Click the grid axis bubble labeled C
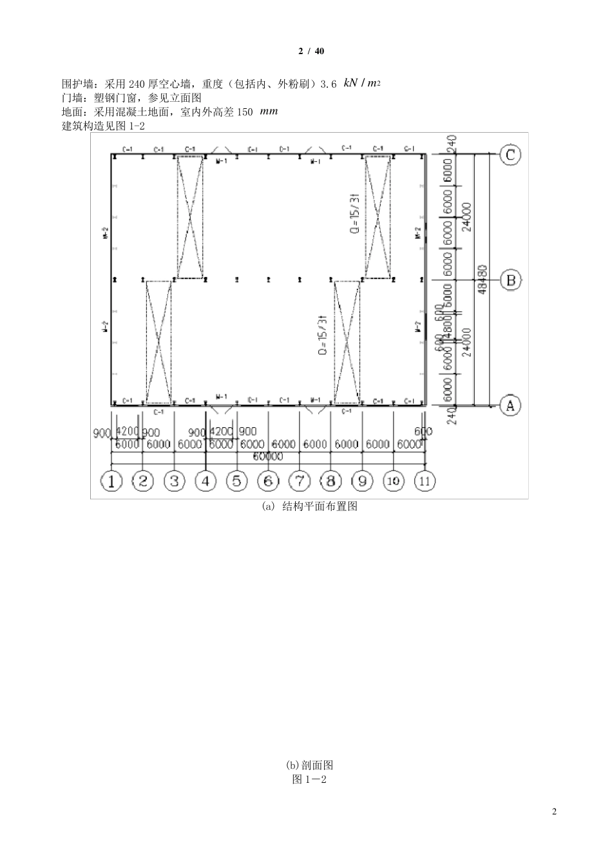pos(511,155)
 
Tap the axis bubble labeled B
pos(511,280)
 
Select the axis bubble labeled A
pos(510,405)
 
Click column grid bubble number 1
pos(112,481)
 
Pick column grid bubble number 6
pos(268,481)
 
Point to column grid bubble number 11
pos(425,481)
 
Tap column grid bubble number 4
pos(206,481)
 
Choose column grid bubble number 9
pos(362,481)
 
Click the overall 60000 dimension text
pos(267,457)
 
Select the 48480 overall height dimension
pos(484,280)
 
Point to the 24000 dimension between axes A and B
pos(467,343)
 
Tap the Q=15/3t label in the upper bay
pos(355,214)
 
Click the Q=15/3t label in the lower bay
pos(323,336)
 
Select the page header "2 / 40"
pos(306,52)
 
